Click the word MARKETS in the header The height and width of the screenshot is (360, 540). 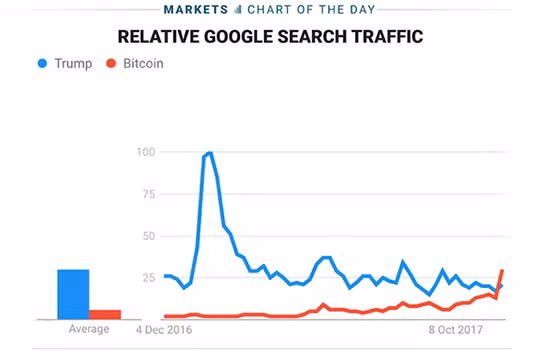coord(195,11)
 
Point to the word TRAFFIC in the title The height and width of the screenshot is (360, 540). coord(386,37)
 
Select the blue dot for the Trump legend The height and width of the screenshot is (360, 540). coord(42,63)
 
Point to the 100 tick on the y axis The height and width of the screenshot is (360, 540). coord(147,152)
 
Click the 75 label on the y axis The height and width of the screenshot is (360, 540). coord(149,194)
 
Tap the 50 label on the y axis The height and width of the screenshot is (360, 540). coord(149,235)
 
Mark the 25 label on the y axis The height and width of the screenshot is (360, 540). coord(149,277)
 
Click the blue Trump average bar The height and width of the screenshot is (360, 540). coord(73,294)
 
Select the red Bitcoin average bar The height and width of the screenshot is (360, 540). coord(105,314)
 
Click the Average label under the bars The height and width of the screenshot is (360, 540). coord(89,329)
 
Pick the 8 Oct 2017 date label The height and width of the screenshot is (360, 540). coord(457,329)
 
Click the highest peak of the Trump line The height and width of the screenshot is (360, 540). coord(209,153)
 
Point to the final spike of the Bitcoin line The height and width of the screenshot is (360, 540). coord(502,272)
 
